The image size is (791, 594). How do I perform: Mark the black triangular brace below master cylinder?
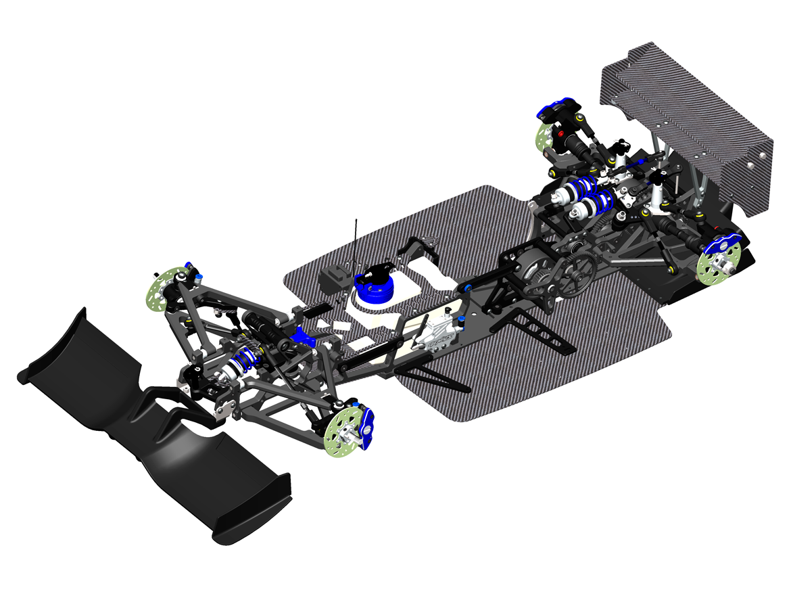click(x=433, y=375)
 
